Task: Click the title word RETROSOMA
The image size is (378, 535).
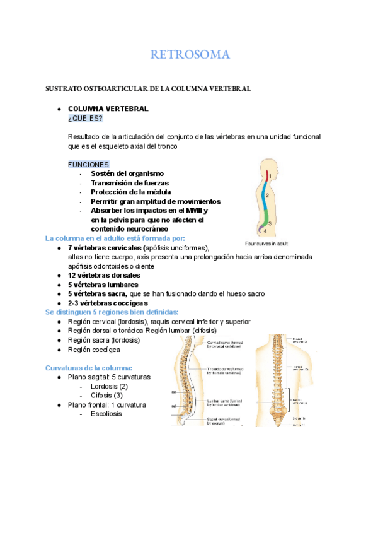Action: [190, 56]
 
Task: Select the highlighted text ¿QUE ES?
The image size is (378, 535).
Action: [84, 119]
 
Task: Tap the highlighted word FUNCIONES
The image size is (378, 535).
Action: [88, 164]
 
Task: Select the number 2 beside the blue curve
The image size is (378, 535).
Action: [268, 196]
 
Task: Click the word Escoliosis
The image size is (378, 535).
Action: [106, 414]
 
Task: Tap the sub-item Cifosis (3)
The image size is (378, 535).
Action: [106, 395]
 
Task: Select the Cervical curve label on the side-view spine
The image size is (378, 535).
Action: [224, 343]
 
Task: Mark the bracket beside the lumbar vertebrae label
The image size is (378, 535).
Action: [289, 399]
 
